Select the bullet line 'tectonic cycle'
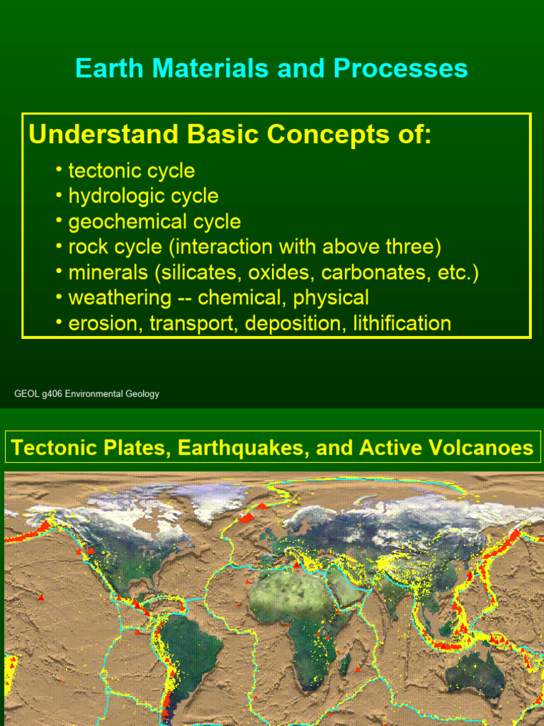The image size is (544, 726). tap(131, 171)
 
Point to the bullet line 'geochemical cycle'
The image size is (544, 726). tap(154, 222)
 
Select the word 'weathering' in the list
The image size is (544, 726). tap(119, 298)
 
